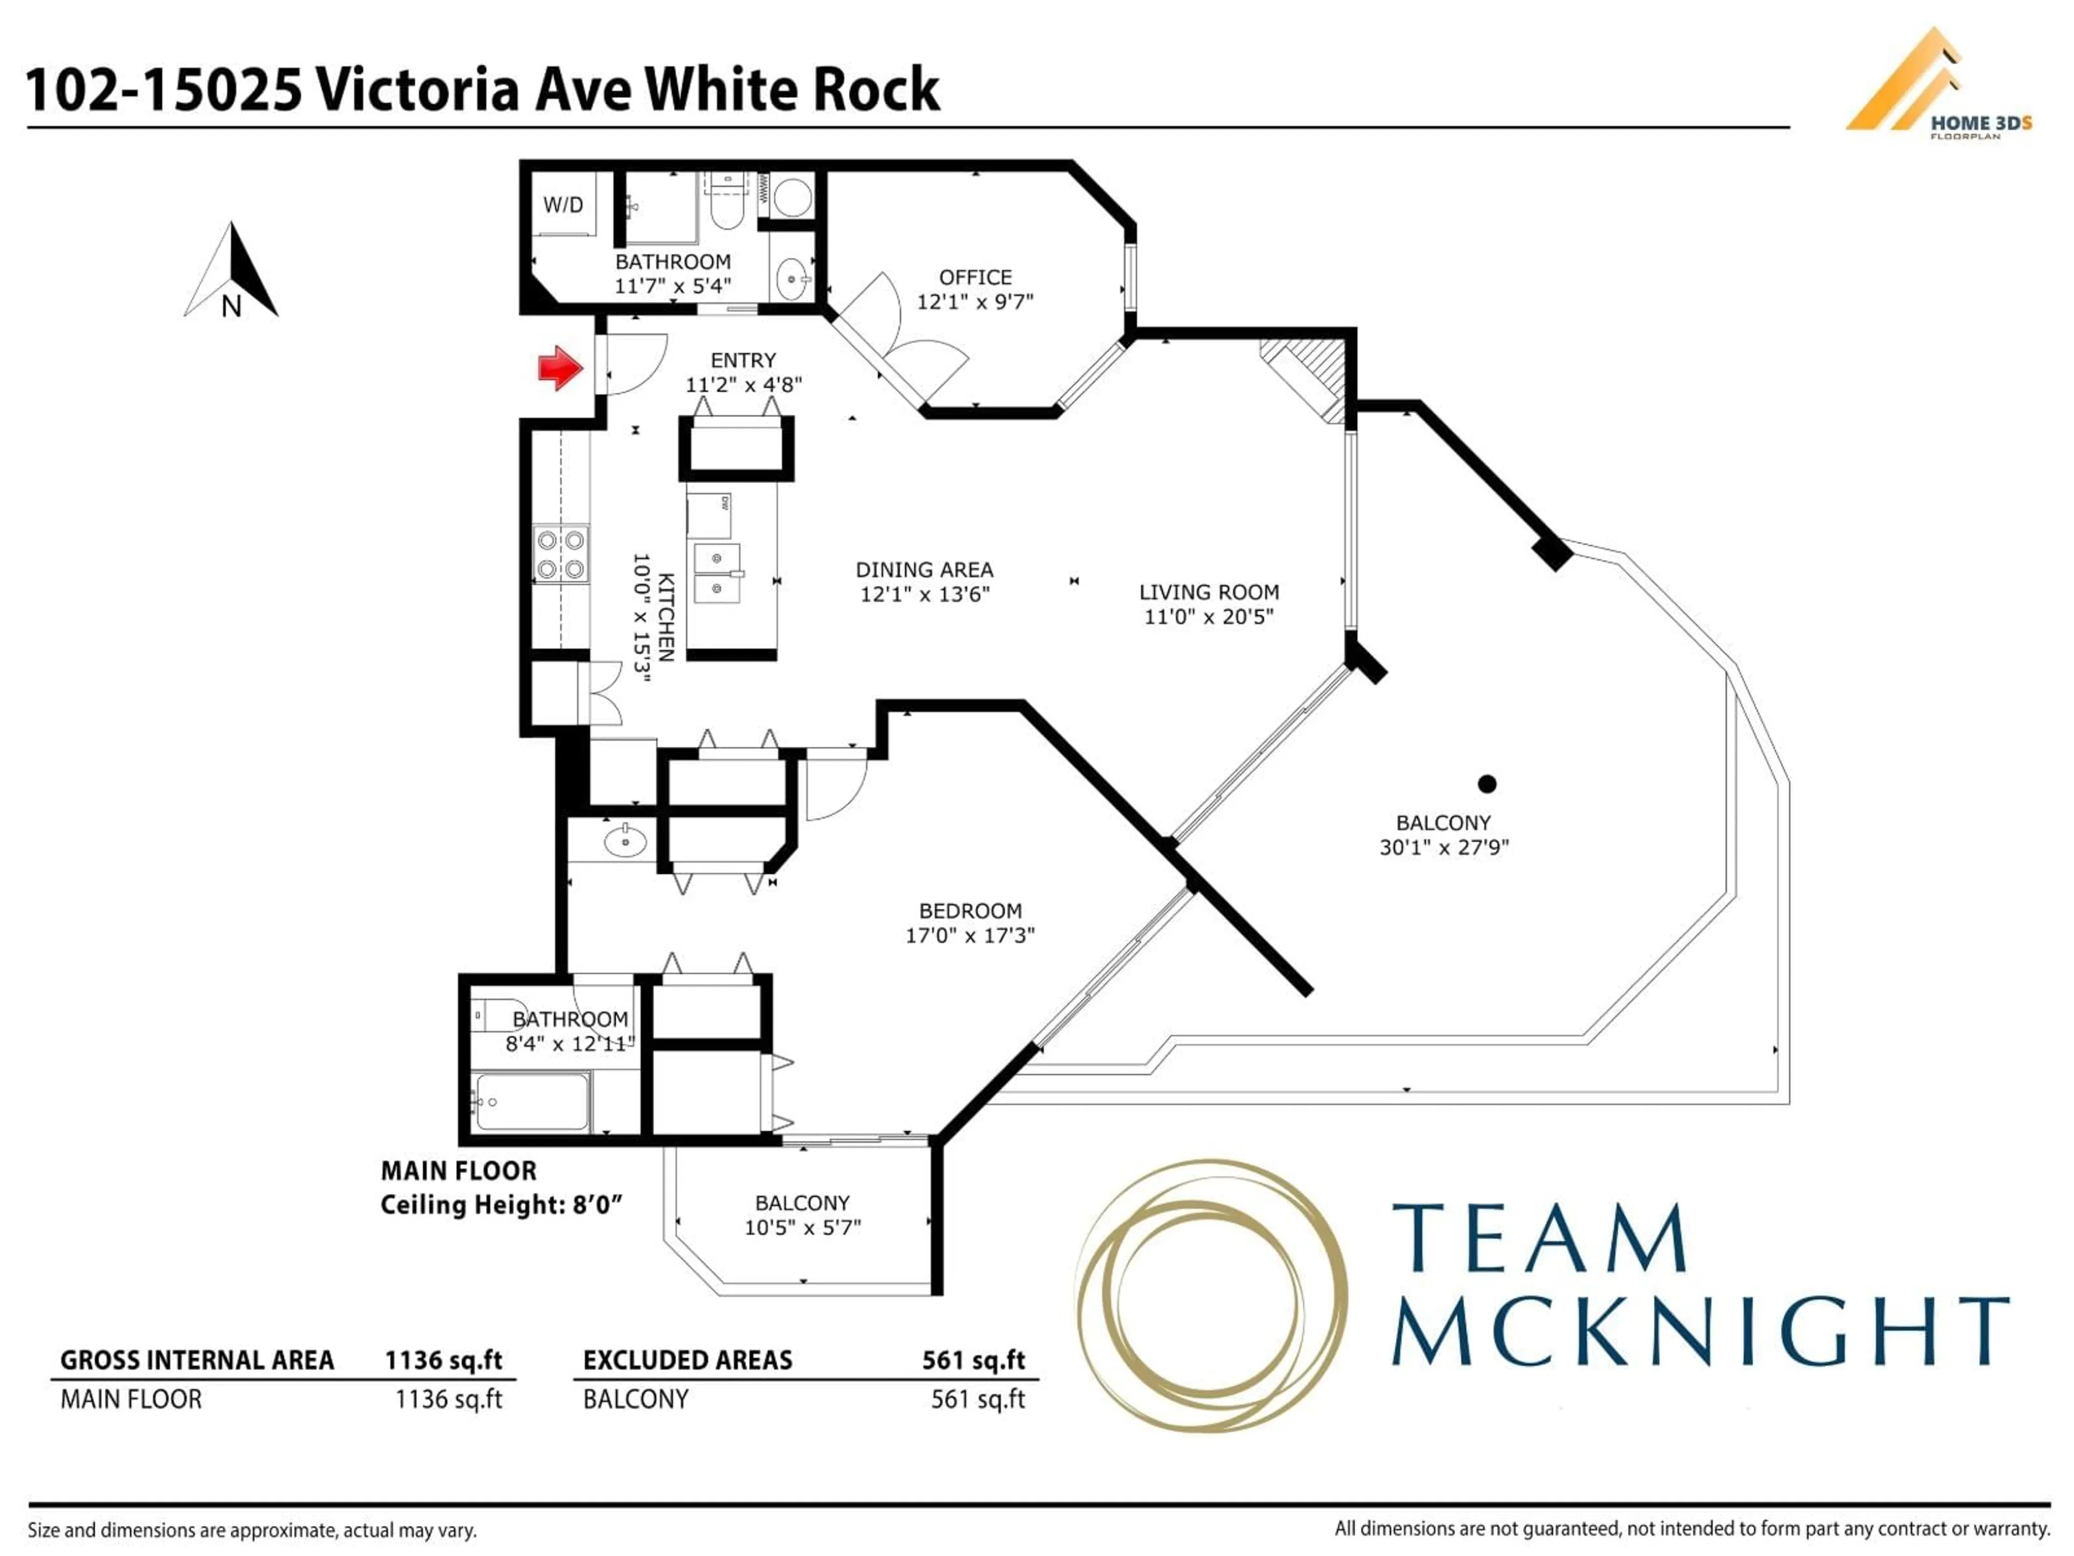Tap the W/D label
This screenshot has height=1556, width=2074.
pos(563,204)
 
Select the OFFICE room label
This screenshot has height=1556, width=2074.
pos(975,278)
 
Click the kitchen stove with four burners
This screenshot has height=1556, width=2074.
pos(561,554)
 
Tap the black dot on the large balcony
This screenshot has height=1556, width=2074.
pos(1487,783)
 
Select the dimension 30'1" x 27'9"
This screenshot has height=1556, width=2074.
pos(1444,847)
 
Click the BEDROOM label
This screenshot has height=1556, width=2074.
pos(969,911)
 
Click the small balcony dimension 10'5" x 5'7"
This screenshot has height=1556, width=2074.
pos(803,1227)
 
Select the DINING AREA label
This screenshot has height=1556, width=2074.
pos(924,569)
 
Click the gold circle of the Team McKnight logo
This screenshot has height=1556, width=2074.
pos(1209,1295)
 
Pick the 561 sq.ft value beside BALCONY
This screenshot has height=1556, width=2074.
pos(977,1399)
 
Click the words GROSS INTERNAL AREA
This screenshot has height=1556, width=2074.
pos(197,1360)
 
